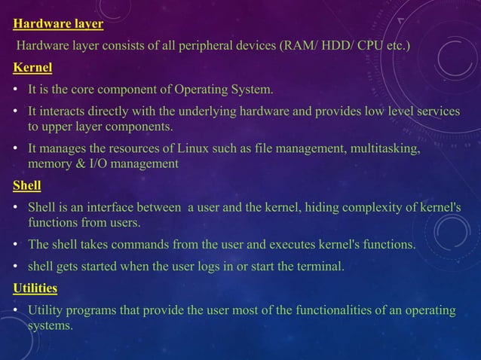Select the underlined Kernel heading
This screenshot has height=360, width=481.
tap(32, 68)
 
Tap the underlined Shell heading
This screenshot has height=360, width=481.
tap(27, 185)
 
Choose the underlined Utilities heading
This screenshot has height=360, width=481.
tap(35, 288)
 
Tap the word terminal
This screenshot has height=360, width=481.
tap(320, 266)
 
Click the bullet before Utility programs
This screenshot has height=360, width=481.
tap(16, 311)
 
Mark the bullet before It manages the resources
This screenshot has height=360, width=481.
tap(16, 150)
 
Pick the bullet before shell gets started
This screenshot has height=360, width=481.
tap(16, 267)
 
